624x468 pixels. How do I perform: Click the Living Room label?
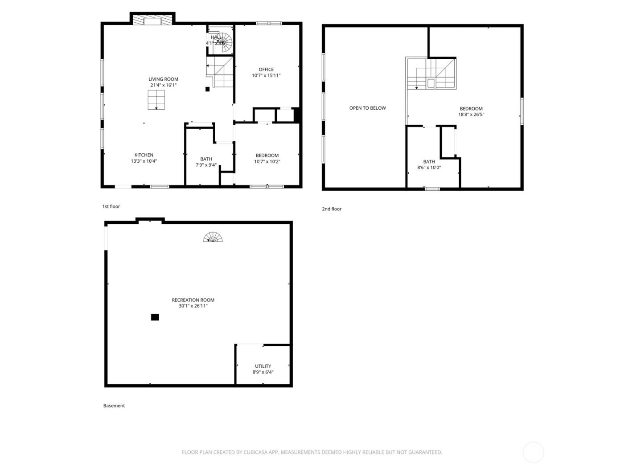tap(163, 79)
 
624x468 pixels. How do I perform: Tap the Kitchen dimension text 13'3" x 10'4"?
tap(144, 161)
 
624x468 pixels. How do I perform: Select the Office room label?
tap(266, 70)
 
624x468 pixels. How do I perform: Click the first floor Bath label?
tap(206, 159)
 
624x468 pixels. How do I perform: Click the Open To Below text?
tap(367, 108)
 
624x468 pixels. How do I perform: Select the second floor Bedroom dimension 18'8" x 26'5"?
tap(471, 115)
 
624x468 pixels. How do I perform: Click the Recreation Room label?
tap(193, 300)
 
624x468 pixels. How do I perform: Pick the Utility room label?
tap(263, 366)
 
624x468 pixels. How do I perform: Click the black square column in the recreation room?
tap(155, 317)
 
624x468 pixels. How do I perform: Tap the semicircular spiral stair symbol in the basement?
tap(213, 237)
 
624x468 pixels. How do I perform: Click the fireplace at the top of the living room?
tap(152, 20)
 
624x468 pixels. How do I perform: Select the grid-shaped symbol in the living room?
tap(156, 100)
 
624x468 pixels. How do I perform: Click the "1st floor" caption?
tap(111, 206)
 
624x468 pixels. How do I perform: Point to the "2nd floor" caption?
tap(332, 209)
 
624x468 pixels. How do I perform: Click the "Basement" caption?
tap(114, 406)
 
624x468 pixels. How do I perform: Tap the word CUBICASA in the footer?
tap(255, 452)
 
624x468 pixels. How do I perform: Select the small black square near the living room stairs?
tap(207, 89)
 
